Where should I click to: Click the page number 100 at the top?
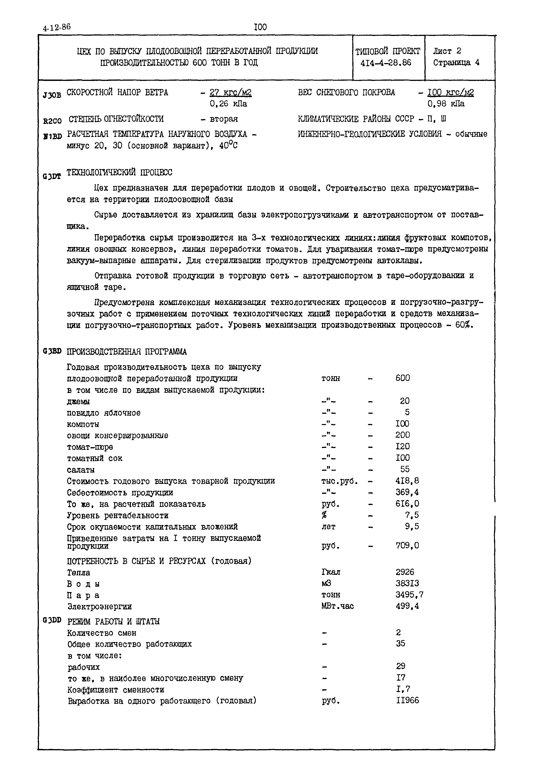coord(261,27)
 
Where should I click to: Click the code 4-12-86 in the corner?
coord(57,27)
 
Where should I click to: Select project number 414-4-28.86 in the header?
coord(386,63)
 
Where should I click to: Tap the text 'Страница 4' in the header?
coord(456,63)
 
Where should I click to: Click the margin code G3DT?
coord(52,176)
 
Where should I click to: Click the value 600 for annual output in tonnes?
coord(402,378)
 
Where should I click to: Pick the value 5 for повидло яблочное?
coord(407,412)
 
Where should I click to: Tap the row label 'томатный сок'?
coord(95,458)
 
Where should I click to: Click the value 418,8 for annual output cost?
coord(407,481)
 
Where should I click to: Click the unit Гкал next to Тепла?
coord(331,572)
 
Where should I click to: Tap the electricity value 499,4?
coord(407,606)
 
